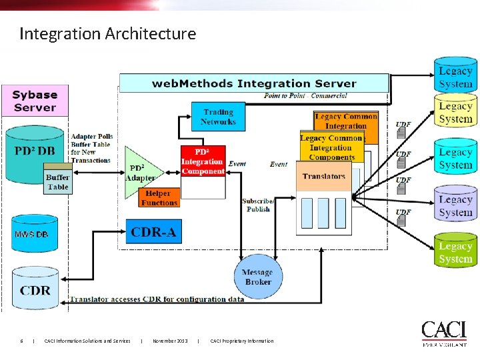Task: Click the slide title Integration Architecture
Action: [108, 33]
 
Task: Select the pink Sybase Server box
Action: [35, 101]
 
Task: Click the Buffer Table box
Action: [57, 181]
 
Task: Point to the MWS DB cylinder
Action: [33, 234]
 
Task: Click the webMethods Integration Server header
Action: [253, 83]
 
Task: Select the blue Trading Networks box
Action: [219, 117]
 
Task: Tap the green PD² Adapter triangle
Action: [141, 173]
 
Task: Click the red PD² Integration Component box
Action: [203, 161]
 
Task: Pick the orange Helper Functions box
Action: [159, 198]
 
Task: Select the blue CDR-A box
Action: [153, 232]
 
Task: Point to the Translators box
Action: [324, 176]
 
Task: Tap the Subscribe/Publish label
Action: [258, 205]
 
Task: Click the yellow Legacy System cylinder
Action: [455, 112]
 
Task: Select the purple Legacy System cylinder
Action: [455, 205]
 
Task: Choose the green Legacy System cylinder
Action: [455, 252]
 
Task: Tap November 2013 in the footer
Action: [169, 341]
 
